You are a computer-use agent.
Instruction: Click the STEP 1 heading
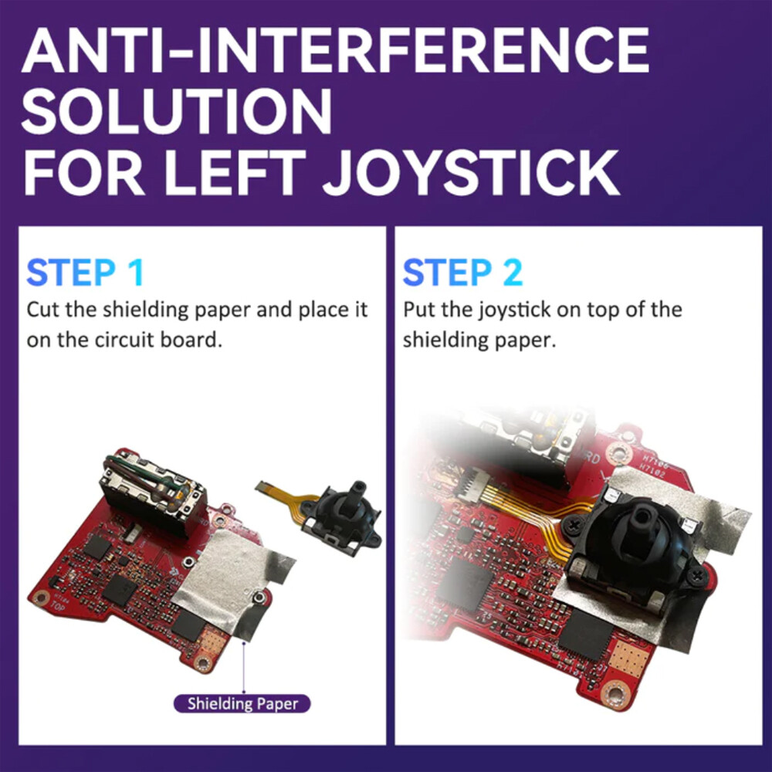(x=85, y=273)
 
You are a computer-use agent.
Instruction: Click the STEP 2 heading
(x=462, y=273)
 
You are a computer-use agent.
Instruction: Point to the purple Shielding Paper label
(x=242, y=703)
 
